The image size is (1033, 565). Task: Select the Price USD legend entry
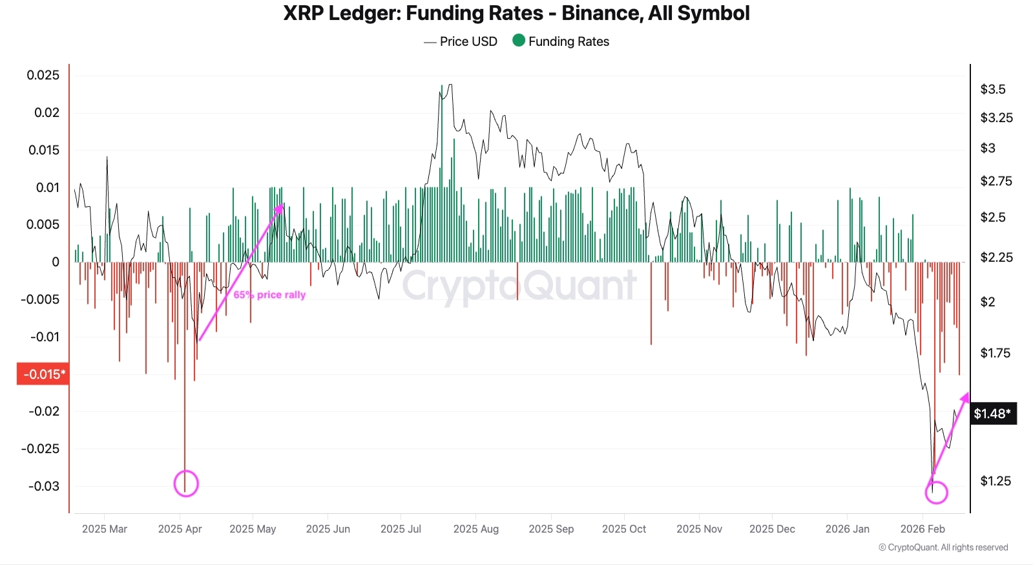click(461, 41)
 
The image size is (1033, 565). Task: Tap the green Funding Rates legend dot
click(518, 41)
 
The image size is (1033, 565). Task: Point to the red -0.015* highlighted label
click(43, 374)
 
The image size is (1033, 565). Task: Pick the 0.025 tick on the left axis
click(43, 76)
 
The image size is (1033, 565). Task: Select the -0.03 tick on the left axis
click(43, 486)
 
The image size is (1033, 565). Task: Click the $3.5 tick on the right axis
click(992, 89)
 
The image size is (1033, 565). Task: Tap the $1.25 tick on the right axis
click(995, 481)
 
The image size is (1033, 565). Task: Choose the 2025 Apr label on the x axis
click(180, 529)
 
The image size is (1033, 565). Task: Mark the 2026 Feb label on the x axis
click(922, 529)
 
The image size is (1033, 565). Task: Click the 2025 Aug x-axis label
click(475, 529)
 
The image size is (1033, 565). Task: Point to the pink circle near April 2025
click(186, 484)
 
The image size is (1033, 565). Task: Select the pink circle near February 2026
click(936, 492)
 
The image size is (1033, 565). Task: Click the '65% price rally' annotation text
click(269, 295)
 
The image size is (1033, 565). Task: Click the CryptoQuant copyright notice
click(943, 548)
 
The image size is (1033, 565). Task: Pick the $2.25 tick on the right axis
click(996, 257)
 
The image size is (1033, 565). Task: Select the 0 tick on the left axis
click(55, 262)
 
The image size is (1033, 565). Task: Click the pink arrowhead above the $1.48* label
click(965, 396)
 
